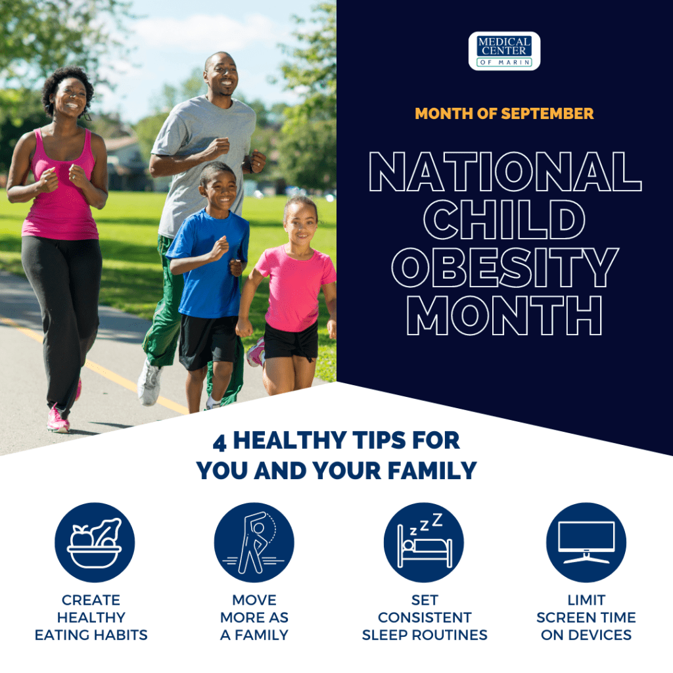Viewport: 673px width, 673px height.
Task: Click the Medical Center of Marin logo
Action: click(x=504, y=51)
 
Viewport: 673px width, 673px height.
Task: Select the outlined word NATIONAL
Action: click(x=505, y=172)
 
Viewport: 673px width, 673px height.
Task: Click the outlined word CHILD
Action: click(x=504, y=220)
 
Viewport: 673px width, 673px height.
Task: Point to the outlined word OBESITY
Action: click(x=505, y=267)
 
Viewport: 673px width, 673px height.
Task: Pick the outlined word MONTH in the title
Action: click(x=504, y=315)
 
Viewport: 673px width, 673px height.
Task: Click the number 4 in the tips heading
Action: click(x=220, y=442)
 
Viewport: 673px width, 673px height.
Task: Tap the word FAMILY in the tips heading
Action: click(x=432, y=471)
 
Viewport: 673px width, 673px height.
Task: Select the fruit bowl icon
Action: click(x=95, y=542)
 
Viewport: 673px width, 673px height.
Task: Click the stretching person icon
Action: click(x=254, y=542)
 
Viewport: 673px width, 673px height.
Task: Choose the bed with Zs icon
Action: click(x=424, y=542)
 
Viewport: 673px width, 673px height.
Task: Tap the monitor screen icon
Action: click(x=586, y=542)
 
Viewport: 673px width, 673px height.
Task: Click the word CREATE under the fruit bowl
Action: click(x=91, y=599)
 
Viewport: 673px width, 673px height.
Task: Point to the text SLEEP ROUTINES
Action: click(x=425, y=635)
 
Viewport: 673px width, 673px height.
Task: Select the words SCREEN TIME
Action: click(x=586, y=617)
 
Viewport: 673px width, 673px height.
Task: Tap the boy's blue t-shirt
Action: click(x=210, y=263)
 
